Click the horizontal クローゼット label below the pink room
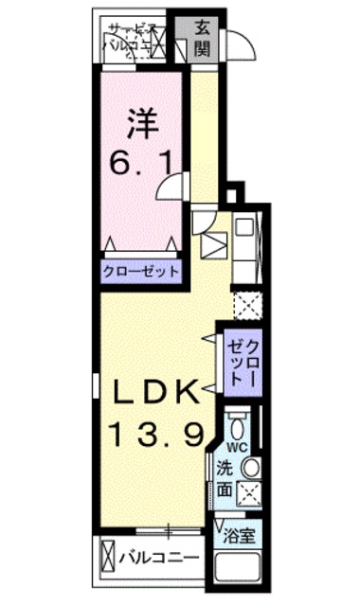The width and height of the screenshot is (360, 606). tap(143, 270)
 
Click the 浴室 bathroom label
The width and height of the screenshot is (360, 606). tap(241, 535)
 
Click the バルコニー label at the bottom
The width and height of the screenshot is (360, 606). tap(158, 557)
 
